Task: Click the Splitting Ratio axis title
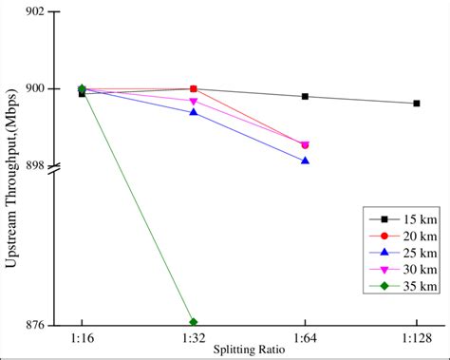click(x=249, y=350)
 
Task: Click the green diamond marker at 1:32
click(x=194, y=322)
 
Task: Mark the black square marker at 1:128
click(x=417, y=103)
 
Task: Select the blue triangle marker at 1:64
click(x=305, y=161)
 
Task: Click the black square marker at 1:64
click(x=305, y=96)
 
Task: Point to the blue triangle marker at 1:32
click(x=194, y=112)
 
